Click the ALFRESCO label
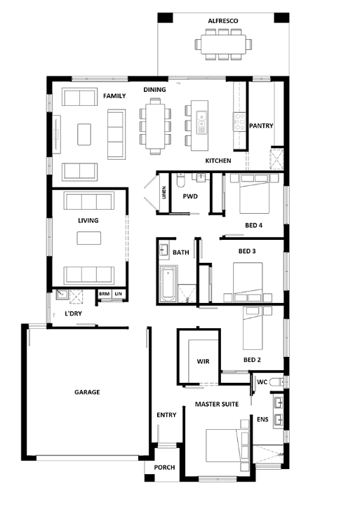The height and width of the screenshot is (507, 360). click(223, 21)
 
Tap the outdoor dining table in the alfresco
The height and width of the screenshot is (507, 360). click(223, 44)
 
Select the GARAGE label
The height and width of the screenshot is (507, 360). click(87, 392)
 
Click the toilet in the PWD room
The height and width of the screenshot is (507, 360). click(180, 180)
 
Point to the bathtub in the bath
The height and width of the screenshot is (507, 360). click(168, 284)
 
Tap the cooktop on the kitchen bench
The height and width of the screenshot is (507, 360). click(240, 121)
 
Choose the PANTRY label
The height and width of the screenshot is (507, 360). click(261, 126)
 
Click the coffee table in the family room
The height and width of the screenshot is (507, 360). click(84, 134)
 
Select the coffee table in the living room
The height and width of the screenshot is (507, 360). click(89, 238)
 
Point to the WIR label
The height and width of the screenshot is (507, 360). click(203, 362)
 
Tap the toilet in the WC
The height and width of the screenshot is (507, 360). click(276, 382)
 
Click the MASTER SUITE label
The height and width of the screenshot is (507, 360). click(217, 404)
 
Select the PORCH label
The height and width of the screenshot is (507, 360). click(164, 468)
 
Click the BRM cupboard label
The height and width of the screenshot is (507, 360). click(104, 294)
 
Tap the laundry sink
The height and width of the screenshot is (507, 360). click(62, 295)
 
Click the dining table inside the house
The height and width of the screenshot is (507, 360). click(155, 126)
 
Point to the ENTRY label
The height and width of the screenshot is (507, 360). click(166, 415)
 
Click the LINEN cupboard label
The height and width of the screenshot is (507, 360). click(164, 192)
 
